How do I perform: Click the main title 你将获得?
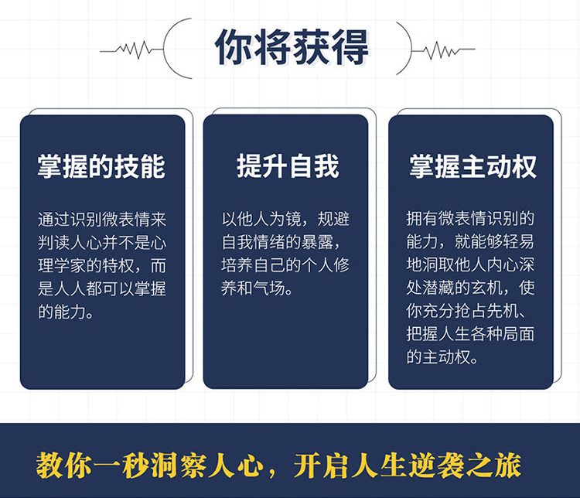(292, 47)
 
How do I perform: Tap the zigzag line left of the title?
(132, 49)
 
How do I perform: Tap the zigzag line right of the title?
(443, 49)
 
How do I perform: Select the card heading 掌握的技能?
(101, 166)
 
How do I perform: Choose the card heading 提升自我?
(288, 166)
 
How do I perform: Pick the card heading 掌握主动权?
(473, 166)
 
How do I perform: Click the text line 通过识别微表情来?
(102, 220)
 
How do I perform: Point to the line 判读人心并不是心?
(102, 243)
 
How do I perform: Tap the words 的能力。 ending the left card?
(66, 312)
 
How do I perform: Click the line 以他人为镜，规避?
(285, 219)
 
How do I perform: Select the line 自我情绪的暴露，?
(281, 242)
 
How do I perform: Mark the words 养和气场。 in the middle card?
(257, 288)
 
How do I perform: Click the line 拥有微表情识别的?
(470, 219)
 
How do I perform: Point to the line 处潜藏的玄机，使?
(470, 288)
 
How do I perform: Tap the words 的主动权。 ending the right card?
(442, 356)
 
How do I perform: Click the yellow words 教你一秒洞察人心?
(150, 465)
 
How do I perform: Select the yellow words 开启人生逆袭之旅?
(408, 465)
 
